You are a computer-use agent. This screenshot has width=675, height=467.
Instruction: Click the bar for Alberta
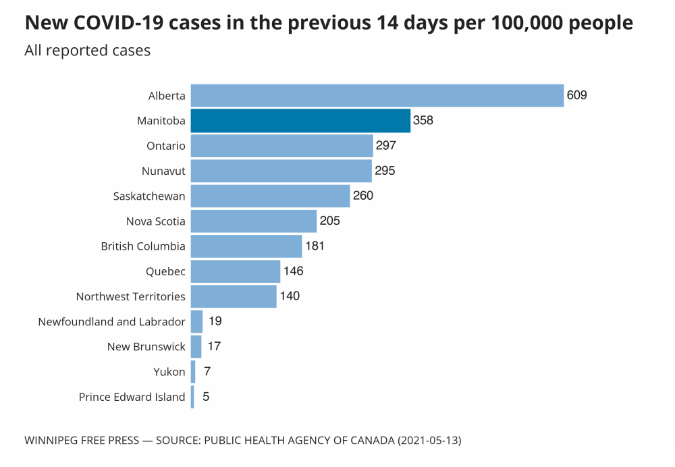377,96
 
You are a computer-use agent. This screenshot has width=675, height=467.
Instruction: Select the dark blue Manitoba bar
300,121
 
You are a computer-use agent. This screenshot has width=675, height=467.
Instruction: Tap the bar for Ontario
281,146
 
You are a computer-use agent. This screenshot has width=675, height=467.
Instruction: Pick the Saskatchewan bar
270,196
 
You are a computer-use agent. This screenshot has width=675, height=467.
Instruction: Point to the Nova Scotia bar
253,221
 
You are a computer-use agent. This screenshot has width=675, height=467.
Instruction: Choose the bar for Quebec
235,271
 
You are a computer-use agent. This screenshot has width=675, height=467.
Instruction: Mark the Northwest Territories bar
233,296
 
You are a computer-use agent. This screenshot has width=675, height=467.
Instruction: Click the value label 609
577,95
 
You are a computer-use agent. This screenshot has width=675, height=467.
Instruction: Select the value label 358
423,121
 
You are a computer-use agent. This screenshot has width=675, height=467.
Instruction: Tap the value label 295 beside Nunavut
385,171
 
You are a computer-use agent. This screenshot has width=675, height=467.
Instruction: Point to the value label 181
315,246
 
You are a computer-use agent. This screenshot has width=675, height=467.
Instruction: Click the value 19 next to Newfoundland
215,321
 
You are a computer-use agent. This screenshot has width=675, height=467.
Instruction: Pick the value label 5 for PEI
206,397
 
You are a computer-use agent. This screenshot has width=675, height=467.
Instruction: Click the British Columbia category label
143,246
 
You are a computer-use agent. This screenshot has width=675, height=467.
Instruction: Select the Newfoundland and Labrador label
111,322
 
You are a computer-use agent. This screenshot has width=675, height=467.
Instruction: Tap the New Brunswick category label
146,347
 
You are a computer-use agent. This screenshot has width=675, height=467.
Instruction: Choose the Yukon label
169,372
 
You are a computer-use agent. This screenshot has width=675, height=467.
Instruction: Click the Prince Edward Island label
132,397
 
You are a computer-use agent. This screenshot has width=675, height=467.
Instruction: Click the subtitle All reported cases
88,51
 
